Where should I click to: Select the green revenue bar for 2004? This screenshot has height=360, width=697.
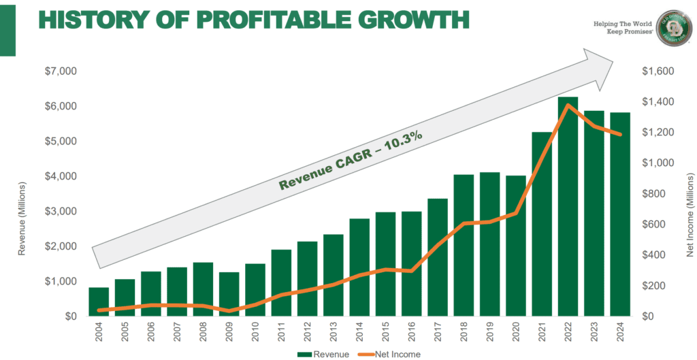point(99,301)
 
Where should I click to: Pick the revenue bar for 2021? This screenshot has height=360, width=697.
point(542,224)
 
